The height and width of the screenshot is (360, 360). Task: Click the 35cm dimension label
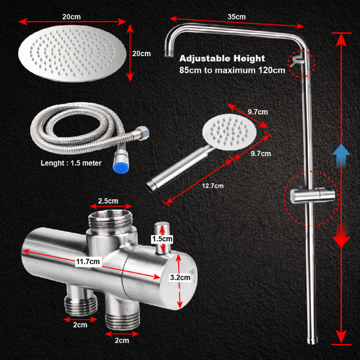[x=237, y=16]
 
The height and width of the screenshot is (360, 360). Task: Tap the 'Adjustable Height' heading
[x=222, y=59]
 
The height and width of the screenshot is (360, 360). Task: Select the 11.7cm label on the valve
[x=89, y=261]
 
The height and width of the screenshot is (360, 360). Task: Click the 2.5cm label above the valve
[x=108, y=201]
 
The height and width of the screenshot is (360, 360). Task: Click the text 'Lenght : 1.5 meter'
[x=71, y=163]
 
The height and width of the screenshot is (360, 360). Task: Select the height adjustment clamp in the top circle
[x=299, y=61]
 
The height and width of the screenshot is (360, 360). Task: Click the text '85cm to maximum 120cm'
[x=232, y=70]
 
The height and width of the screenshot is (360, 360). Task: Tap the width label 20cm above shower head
[x=72, y=16]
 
